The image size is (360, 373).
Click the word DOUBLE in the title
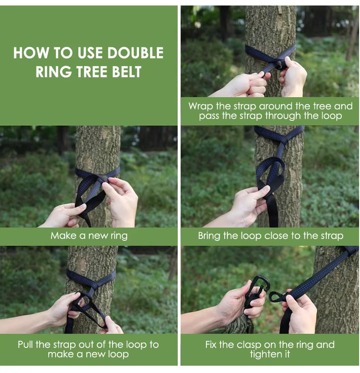(135, 52)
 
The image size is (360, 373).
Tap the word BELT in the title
(127, 72)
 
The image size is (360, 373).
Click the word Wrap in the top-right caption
(201, 106)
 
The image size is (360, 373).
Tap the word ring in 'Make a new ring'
(119, 236)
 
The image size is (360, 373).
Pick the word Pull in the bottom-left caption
(25, 344)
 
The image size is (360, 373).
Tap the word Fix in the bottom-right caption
(211, 344)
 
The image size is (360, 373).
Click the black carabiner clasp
(258, 289)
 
